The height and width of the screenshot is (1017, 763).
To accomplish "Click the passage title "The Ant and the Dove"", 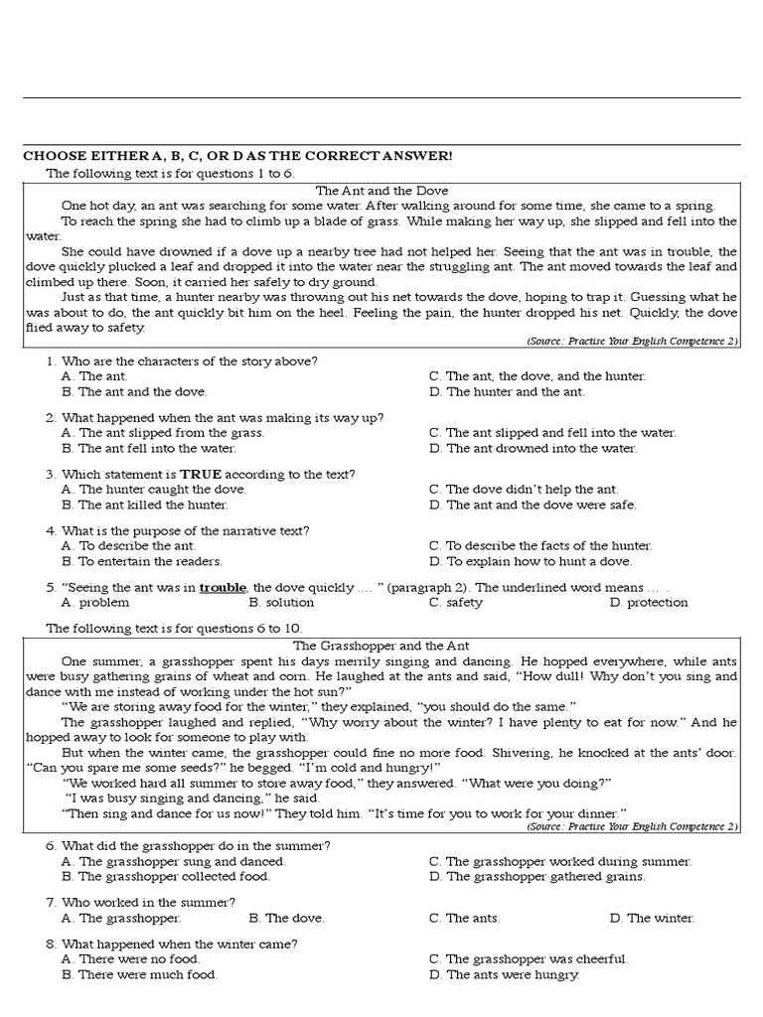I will pyautogui.click(x=381, y=190).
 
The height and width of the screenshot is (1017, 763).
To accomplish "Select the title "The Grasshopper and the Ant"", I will pyautogui.click(x=381, y=646).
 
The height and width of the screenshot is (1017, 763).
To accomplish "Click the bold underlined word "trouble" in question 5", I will pyautogui.click(x=223, y=587).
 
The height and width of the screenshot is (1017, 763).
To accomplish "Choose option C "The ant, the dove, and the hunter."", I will pyautogui.click(x=537, y=376).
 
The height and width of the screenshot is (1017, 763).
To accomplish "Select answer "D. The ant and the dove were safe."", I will pyautogui.click(x=533, y=505).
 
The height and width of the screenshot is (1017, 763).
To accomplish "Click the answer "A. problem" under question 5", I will pyautogui.click(x=95, y=602).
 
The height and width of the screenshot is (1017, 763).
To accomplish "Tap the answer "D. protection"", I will pyautogui.click(x=649, y=602).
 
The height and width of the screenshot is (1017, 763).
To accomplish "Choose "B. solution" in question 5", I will pyautogui.click(x=281, y=602).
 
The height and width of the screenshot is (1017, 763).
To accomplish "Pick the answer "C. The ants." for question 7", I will pyautogui.click(x=465, y=918).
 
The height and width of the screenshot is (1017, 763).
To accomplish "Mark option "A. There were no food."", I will pyautogui.click(x=130, y=959).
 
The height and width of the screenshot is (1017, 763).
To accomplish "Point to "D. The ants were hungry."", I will pyautogui.click(x=504, y=975).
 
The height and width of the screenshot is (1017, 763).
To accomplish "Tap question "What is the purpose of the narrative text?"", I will pyautogui.click(x=185, y=530).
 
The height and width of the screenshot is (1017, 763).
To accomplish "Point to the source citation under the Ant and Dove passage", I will pyautogui.click(x=633, y=341).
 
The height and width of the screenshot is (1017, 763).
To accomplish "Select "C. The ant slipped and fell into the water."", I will pyautogui.click(x=552, y=433).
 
